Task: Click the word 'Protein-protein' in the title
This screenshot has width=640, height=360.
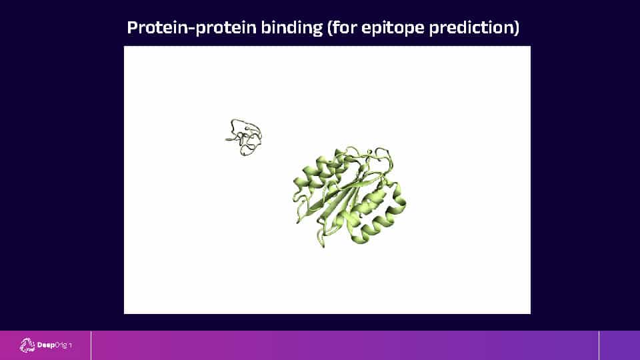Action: [191, 28]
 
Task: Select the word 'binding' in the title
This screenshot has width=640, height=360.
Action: [292, 28]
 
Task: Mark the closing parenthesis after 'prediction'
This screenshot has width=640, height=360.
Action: [516, 28]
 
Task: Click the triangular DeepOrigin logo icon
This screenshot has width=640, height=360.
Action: [27, 345]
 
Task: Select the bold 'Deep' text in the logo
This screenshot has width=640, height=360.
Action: [46, 345]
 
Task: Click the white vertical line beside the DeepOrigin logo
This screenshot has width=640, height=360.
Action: [91, 345]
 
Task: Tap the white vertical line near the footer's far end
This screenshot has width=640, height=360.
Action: [599, 345]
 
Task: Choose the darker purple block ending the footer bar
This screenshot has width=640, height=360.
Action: [619, 345]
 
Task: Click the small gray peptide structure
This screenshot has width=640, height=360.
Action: [244, 137]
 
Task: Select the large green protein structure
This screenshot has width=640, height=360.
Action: [349, 197]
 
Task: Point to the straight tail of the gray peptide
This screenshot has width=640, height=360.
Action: [230, 139]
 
